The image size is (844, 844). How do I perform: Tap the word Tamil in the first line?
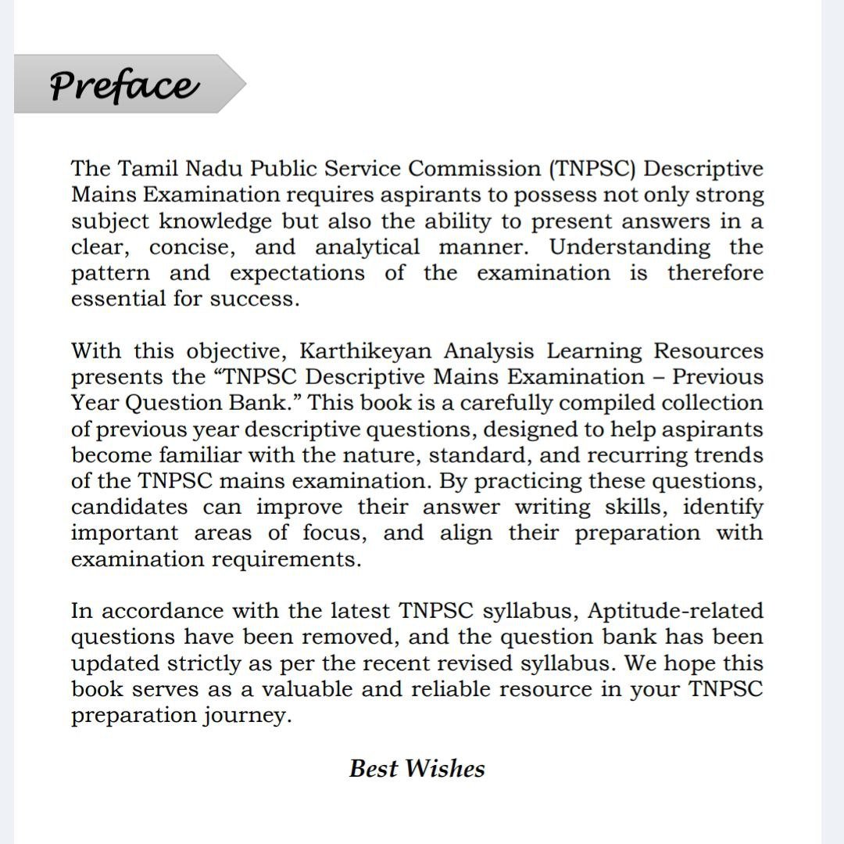(145, 169)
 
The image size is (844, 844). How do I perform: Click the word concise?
(192, 247)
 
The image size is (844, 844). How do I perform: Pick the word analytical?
(367, 247)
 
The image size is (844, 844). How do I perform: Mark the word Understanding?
(630, 247)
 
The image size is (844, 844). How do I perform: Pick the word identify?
(723, 507)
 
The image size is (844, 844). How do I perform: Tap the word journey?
(250, 716)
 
